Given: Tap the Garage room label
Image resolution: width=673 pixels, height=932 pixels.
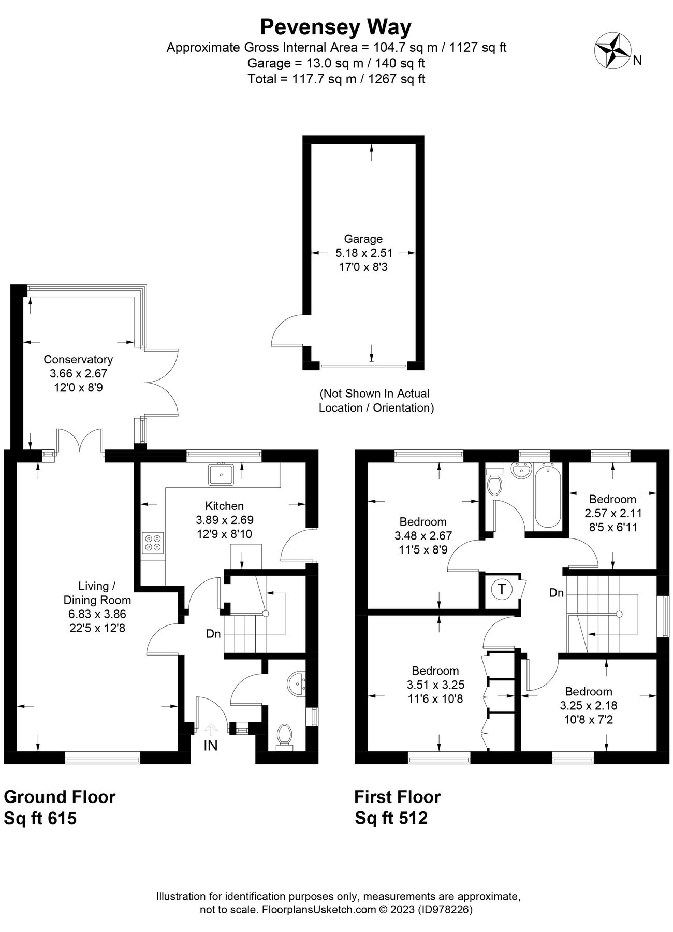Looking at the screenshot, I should [363, 239].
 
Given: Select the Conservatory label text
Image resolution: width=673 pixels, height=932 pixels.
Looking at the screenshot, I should [78, 359].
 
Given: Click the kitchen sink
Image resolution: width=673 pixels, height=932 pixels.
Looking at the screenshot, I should [222, 474].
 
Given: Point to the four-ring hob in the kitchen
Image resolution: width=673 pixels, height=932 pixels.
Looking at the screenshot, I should [153, 542].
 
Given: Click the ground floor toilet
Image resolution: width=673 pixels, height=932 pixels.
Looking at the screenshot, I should [284, 736].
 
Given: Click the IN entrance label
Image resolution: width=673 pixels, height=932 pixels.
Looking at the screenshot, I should [210, 746].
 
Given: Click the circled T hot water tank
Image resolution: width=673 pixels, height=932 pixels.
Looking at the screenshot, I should [501, 589].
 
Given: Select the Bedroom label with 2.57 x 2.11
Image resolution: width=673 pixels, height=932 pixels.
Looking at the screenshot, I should [612, 499].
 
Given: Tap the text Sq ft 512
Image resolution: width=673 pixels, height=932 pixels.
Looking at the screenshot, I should [391, 818].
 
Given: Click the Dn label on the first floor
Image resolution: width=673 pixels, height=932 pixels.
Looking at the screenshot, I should [557, 593].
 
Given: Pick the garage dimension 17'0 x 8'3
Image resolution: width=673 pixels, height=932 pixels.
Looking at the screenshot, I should [363, 268].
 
